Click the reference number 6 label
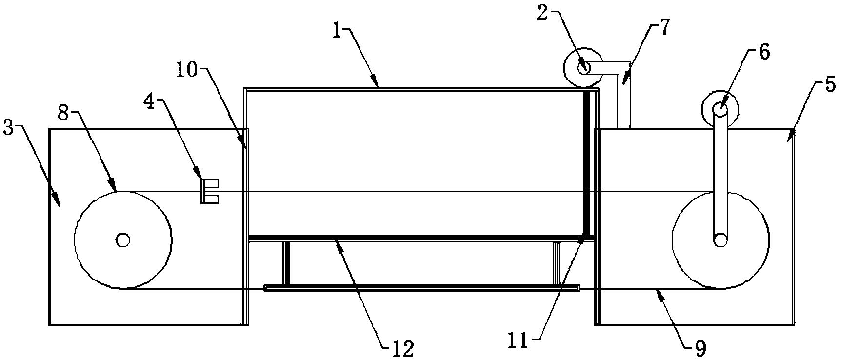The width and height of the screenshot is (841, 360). point(764,52)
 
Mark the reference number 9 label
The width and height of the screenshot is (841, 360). point(700,348)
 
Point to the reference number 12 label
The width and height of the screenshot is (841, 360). point(402,348)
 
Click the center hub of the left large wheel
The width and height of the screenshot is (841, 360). point(122,240)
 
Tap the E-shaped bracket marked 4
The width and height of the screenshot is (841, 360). point(209,191)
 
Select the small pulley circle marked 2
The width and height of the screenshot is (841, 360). point(583,67)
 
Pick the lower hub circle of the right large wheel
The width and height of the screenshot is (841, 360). point(720,240)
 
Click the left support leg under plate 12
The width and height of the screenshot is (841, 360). point(286,263)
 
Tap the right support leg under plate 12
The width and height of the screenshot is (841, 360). point(556,263)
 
